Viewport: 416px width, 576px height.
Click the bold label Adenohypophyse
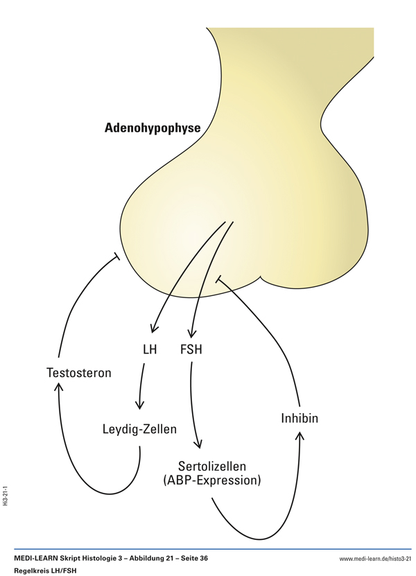(152, 128)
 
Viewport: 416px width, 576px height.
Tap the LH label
(150, 349)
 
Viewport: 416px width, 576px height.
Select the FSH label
(191, 349)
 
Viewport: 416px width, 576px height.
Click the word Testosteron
(78, 373)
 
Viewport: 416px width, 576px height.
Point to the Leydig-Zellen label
(139, 429)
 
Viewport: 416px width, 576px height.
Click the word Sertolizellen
(211, 465)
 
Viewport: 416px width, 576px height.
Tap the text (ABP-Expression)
(211, 480)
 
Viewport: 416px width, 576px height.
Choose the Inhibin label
(300, 419)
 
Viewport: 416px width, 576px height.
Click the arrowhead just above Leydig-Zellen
(140, 406)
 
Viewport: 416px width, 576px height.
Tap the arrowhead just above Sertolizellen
(199, 446)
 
